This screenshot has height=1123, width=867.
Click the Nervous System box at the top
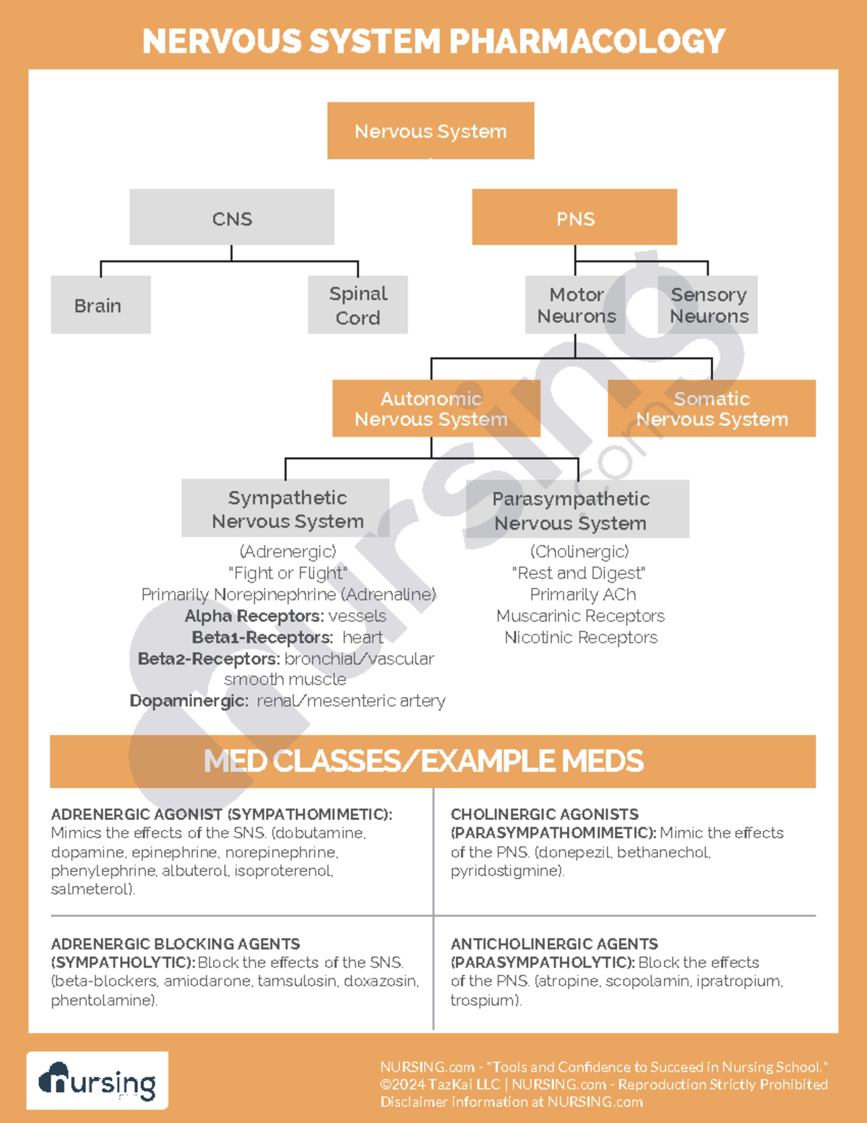[431, 131]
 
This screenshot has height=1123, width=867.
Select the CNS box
[232, 218]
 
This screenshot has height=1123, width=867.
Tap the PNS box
[574, 218]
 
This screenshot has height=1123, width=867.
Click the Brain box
[100, 305]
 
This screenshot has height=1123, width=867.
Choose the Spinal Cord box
[358, 305]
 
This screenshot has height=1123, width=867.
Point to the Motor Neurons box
[575, 305]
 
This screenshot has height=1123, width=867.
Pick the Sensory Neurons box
[708, 305]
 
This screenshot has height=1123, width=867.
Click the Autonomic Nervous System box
[436, 409]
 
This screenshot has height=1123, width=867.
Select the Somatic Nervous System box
[712, 409]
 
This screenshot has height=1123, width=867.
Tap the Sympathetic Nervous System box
[286, 508]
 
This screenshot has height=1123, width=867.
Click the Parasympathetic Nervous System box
[577, 510]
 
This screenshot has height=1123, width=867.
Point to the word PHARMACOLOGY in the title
[587, 41]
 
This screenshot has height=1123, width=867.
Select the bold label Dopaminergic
[189, 701]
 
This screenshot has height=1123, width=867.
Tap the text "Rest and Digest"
[579, 573]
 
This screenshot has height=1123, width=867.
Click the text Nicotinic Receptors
[581, 638]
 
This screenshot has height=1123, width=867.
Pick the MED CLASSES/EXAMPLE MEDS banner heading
[423, 761]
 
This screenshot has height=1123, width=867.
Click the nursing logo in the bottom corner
[98, 1081]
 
